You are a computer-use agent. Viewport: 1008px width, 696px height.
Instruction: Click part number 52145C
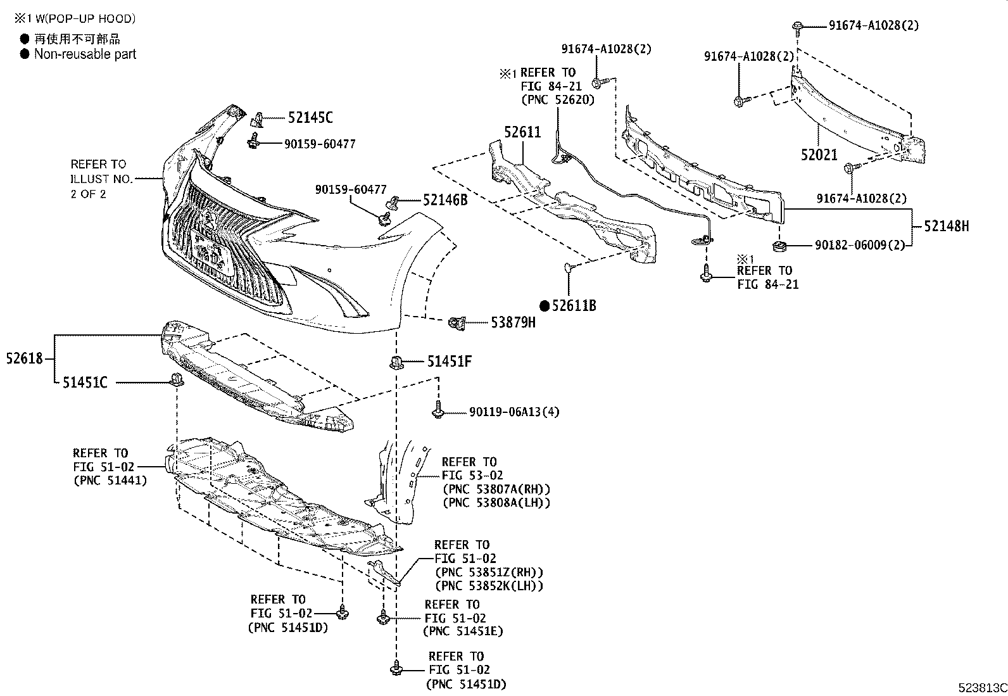pos(310,118)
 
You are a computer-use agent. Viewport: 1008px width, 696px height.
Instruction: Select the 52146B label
pos(445,200)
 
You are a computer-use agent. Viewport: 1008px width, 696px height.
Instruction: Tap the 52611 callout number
pos(522,132)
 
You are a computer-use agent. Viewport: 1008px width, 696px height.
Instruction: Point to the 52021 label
pos(819,155)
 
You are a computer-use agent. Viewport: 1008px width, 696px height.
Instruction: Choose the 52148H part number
pos(947,226)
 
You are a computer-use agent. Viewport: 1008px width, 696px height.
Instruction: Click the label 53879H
pos(513,322)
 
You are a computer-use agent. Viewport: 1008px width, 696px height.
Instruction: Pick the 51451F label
pos(449,361)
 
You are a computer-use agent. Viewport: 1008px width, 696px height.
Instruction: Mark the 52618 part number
pos(24,358)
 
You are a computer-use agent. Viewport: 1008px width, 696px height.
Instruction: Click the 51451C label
pos(85,383)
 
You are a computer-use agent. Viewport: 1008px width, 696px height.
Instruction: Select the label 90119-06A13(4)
pos(514,412)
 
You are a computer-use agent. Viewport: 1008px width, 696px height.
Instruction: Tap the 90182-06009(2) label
pos(860,245)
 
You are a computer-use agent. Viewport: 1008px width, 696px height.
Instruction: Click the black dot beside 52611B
pos(545,306)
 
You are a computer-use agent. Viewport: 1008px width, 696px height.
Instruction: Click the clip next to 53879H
pos(457,322)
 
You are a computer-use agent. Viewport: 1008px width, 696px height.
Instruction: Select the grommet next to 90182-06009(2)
pos(779,247)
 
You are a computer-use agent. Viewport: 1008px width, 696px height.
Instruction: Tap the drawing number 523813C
pos(982,687)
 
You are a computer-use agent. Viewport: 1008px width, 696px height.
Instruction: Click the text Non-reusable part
pos(85,54)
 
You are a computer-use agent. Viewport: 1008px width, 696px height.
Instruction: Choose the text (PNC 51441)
pos(110,480)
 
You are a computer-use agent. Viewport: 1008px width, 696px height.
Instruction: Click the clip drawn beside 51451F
pos(396,362)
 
